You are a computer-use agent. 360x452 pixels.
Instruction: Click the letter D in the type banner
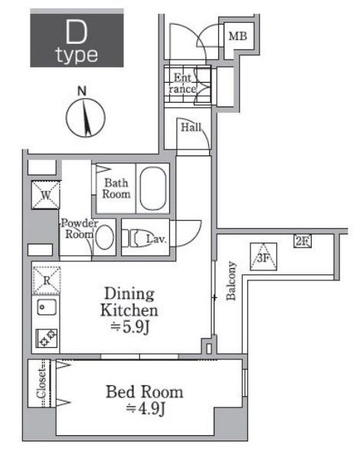pos(76,31)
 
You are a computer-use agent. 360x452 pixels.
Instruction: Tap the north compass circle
pos(67,118)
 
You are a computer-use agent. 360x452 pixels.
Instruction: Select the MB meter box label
pos(237,36)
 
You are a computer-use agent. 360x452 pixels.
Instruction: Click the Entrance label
pos(182,84)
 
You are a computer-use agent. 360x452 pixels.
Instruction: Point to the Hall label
pos(191,127)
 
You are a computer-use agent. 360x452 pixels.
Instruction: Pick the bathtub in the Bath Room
pos(152,188)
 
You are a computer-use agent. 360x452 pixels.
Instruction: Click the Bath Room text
pos(116,188)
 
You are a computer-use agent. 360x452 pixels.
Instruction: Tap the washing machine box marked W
pos(46,195)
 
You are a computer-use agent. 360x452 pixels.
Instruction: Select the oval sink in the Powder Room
pos(104,237)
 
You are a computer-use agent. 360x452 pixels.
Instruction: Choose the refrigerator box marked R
pos(47,280)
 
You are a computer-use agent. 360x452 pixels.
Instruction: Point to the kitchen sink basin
pos(47,306)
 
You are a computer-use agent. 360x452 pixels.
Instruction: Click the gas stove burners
pos(47,338)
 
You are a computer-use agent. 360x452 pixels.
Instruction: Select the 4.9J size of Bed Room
pos(146,408)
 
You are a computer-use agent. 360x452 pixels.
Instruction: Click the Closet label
pos(41,384)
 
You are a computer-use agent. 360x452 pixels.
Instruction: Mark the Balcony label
pos(231,280)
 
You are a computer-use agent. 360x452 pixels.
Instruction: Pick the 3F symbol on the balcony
pos(263,257)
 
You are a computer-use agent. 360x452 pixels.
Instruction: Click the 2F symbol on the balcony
pos(303,241)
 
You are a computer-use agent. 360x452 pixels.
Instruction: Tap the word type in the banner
pos(77,55)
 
